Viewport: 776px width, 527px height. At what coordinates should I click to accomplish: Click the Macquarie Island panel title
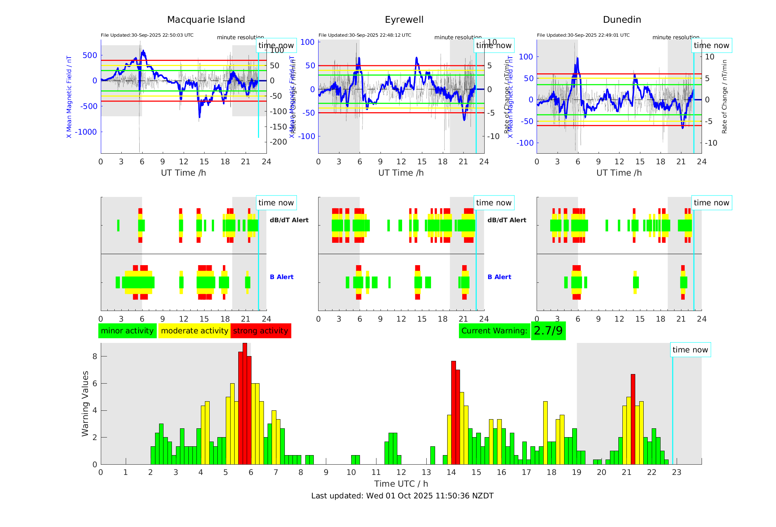coord(206,20)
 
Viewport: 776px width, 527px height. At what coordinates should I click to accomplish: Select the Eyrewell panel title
coord(404,20)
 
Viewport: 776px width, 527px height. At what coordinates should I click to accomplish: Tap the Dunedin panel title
coord(622,20)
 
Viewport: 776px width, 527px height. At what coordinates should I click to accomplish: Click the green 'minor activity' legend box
coord(127,331)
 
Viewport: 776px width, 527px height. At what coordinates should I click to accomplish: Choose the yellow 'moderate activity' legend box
coord(194,331)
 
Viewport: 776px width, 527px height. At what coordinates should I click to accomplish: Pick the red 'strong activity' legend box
coord(261,331)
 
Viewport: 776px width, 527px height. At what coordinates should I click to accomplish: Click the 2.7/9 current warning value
coord(548,331)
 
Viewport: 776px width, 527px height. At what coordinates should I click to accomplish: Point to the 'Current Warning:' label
coord(494,331)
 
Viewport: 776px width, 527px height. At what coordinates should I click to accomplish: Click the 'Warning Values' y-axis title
coord(85,403)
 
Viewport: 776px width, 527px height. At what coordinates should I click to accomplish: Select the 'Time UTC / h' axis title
coord(401,484)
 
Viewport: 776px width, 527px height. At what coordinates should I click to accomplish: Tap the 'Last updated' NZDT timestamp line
coord(402,496)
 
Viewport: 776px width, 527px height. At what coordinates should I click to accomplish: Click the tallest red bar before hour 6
coord(245,403)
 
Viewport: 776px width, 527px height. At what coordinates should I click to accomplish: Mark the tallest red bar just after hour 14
coord(453,413)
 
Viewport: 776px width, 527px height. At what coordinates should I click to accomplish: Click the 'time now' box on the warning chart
coord(690,350)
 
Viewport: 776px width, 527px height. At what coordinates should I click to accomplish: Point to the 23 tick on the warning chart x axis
coord(677,472)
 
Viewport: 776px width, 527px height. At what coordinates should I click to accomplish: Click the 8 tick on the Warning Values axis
coord(95,356)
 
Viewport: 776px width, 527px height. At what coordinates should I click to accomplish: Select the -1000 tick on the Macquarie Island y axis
coord(86,132)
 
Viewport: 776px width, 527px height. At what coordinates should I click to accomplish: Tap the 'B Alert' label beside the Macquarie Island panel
coord(282,277)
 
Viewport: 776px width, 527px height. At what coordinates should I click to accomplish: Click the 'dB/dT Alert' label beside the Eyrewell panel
coord(507,220)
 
